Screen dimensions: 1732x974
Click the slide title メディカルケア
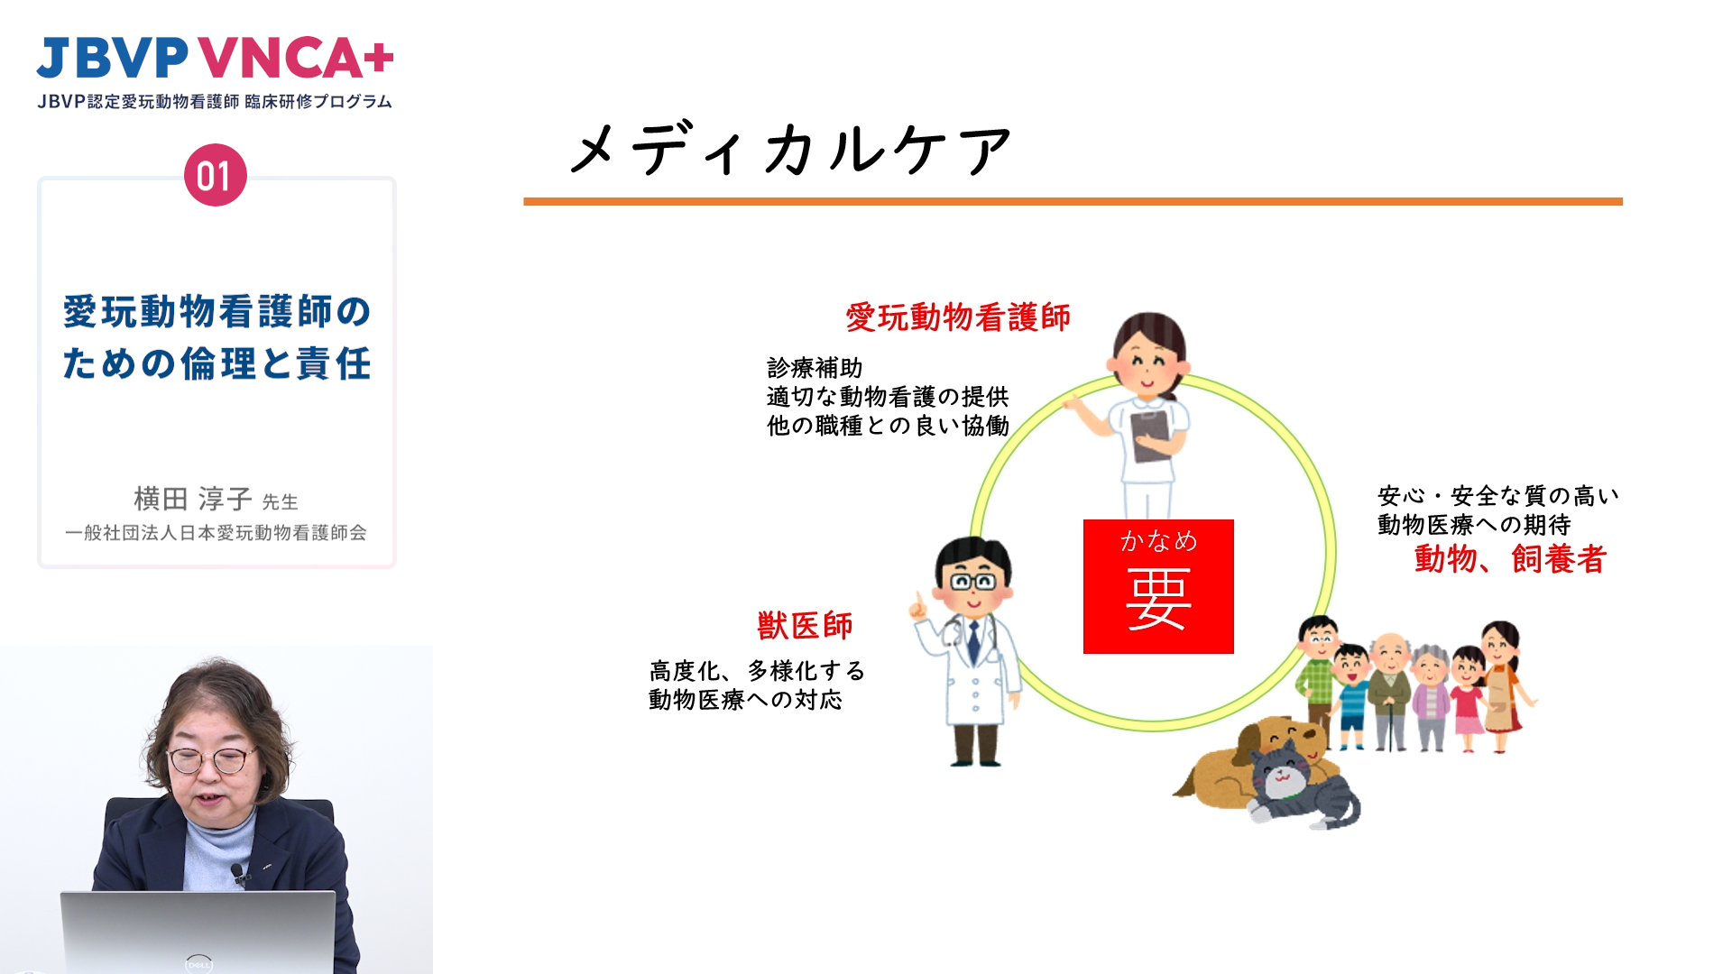pyautogui.click(x=791, y=149)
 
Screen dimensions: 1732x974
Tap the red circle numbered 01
pyautogui.click(x=215, y=175)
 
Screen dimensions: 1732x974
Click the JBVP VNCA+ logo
pyautogui.click(x=215, y=59)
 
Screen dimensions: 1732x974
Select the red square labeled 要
pyautogui.click(x=1158, y=586)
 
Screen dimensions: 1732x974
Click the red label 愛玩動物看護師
pyautogui.click(x=958, y=317)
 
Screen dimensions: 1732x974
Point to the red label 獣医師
pyautogui.click(x=805, y=625)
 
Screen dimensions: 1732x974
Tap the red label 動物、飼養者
pyautogui.click(x=1510, y=559)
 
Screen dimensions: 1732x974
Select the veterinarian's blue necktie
pyautogui.click(x=973, y=641)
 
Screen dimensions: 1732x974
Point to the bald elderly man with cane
pyautogui.click(x=1390, y=691)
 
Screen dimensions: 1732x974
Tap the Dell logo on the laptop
pyautogui.click(x=198, y=963)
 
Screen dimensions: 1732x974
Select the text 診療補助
pyautogui.click(x=815, y=368)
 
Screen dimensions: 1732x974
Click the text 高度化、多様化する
pyautogui.click(x=757, y=671)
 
